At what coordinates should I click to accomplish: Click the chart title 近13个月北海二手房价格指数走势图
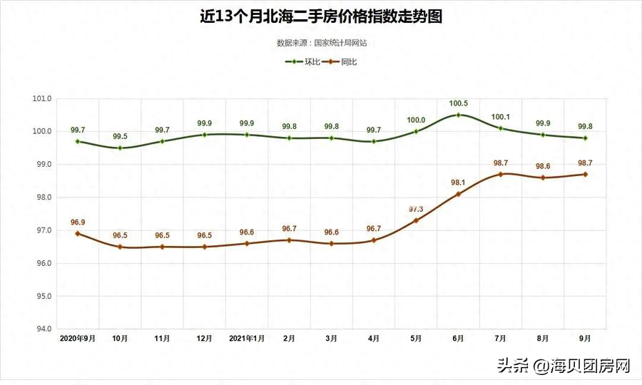pos(321,16)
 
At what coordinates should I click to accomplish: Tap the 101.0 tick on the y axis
pos(42,98)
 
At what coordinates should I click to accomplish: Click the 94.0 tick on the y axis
pos(42,329)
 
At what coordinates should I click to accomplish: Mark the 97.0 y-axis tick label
pos(42,230)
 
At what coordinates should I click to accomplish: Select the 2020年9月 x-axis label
pos(78,338)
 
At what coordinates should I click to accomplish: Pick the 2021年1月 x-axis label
pos(247,338)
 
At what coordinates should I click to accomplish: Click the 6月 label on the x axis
pos(458,338)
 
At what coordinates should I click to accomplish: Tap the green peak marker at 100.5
pos(458,115)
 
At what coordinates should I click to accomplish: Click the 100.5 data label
pos(458,104)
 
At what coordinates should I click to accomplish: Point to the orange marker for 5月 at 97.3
pos(416,220)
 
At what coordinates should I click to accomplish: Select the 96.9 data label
pos(78,222)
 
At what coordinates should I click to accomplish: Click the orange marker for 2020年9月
pos(78,233)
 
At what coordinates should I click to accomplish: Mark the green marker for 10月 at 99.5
pos(120,148)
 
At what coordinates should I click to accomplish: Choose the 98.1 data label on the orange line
pos(458,183)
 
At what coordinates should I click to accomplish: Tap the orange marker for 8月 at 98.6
pos(543,178)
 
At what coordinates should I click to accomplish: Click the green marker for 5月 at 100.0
pos(416,131)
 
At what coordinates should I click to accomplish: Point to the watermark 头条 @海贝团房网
pos(564,366)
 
